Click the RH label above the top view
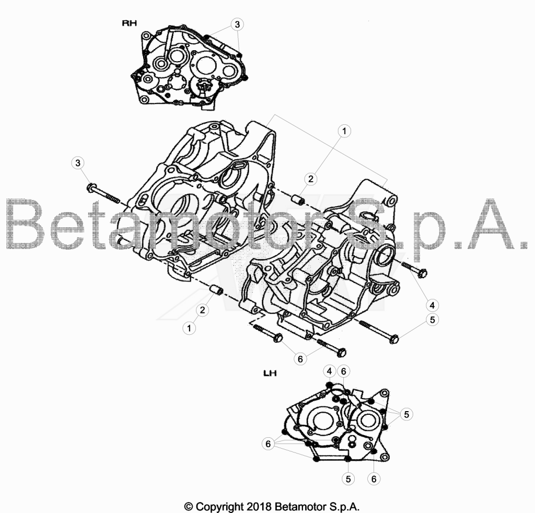click(x=130, y=23)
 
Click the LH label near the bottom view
click(x=270, y=374)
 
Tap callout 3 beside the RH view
click(x=238, y=24)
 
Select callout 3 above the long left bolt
click(x=78, y=162)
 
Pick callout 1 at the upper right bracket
click(x=344, y=131)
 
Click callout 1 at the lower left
click(x=189, y=329)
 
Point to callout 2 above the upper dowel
click(x=310, y=179)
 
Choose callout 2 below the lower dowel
click(x=203, y=310)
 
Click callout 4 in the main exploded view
click(x=432, y=305)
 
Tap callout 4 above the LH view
click(x=329, y=371)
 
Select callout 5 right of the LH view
click(x=406, y=414)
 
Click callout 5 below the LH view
click(x=348, y=479)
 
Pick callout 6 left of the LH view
click(x=268, y=444)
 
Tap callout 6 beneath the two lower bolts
click(x=300, y=359)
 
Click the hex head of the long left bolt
click(x=91, y=187)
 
